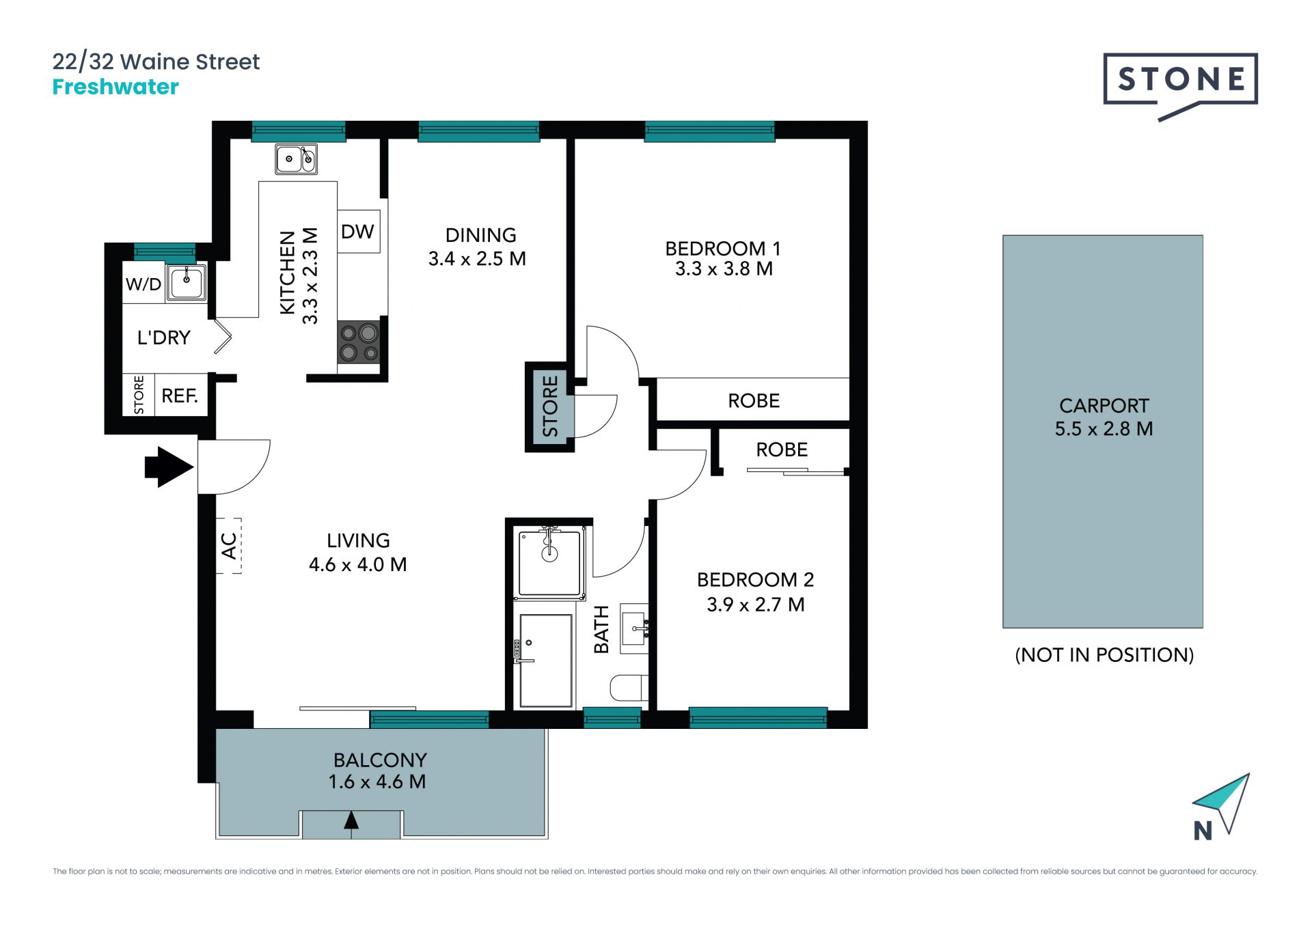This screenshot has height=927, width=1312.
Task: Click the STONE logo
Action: click(1180, 81)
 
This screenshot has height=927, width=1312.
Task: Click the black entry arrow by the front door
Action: click(169, 467)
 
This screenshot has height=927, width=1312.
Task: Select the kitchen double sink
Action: click(296, 159)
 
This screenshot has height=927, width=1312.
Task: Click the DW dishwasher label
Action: click(357, 232)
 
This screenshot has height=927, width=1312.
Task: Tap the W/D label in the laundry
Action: click(143, 284)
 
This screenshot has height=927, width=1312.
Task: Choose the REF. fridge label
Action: click(180, 396)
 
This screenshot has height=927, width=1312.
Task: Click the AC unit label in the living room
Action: click(229, 546)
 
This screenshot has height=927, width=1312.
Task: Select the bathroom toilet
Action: click(629, 688)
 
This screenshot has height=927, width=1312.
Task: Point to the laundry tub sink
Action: click(187, 282)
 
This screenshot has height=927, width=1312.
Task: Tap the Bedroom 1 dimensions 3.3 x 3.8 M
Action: click(724, 269)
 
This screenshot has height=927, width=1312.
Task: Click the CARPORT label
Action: click(1104, 406)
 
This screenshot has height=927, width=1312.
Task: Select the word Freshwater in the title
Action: click(115, 87)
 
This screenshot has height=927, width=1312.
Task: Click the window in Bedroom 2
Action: click(758, 717)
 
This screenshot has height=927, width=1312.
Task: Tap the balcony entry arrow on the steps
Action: click(351, 821)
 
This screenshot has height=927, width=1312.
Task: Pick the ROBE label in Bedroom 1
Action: click(754, 401)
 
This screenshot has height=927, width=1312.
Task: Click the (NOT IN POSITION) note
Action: click(1104, 655)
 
